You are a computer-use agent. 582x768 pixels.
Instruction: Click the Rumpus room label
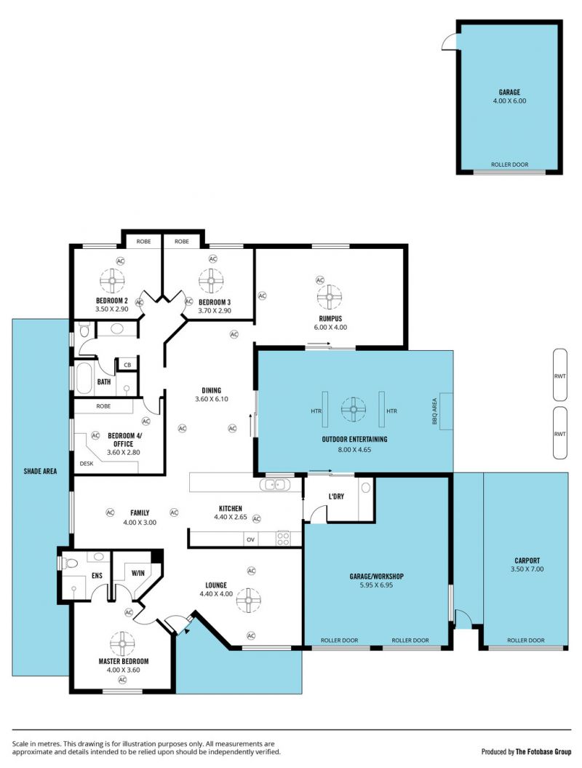coord(330,318)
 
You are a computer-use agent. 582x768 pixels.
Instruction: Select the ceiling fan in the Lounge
coord(249,600)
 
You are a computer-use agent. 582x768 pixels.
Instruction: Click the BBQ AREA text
coord(434,411)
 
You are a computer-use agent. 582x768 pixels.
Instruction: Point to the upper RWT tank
coord(560,375)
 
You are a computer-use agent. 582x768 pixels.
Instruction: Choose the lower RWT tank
coord(560,433)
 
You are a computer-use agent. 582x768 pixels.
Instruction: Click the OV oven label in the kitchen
coord(250,539)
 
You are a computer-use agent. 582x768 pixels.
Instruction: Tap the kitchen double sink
coord(274,485)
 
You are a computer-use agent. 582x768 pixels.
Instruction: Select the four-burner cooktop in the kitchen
coord(283,538)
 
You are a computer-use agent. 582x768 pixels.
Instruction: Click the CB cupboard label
coord(128,365)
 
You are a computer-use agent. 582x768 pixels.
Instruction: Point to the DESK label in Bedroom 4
coord(87,463)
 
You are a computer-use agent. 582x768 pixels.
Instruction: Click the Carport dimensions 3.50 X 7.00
coord(527,569)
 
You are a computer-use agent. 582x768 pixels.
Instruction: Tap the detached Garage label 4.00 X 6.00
coord(509,97)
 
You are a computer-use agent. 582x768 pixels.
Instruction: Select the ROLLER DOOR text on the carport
coord(526,640)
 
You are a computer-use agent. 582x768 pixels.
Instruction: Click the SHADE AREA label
coord(40,471)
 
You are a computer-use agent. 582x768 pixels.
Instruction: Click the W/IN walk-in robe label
coord(138,573)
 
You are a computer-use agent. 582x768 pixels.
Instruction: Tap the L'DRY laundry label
coord(336,496)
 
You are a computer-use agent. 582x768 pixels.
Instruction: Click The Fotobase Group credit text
coord(543,751)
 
